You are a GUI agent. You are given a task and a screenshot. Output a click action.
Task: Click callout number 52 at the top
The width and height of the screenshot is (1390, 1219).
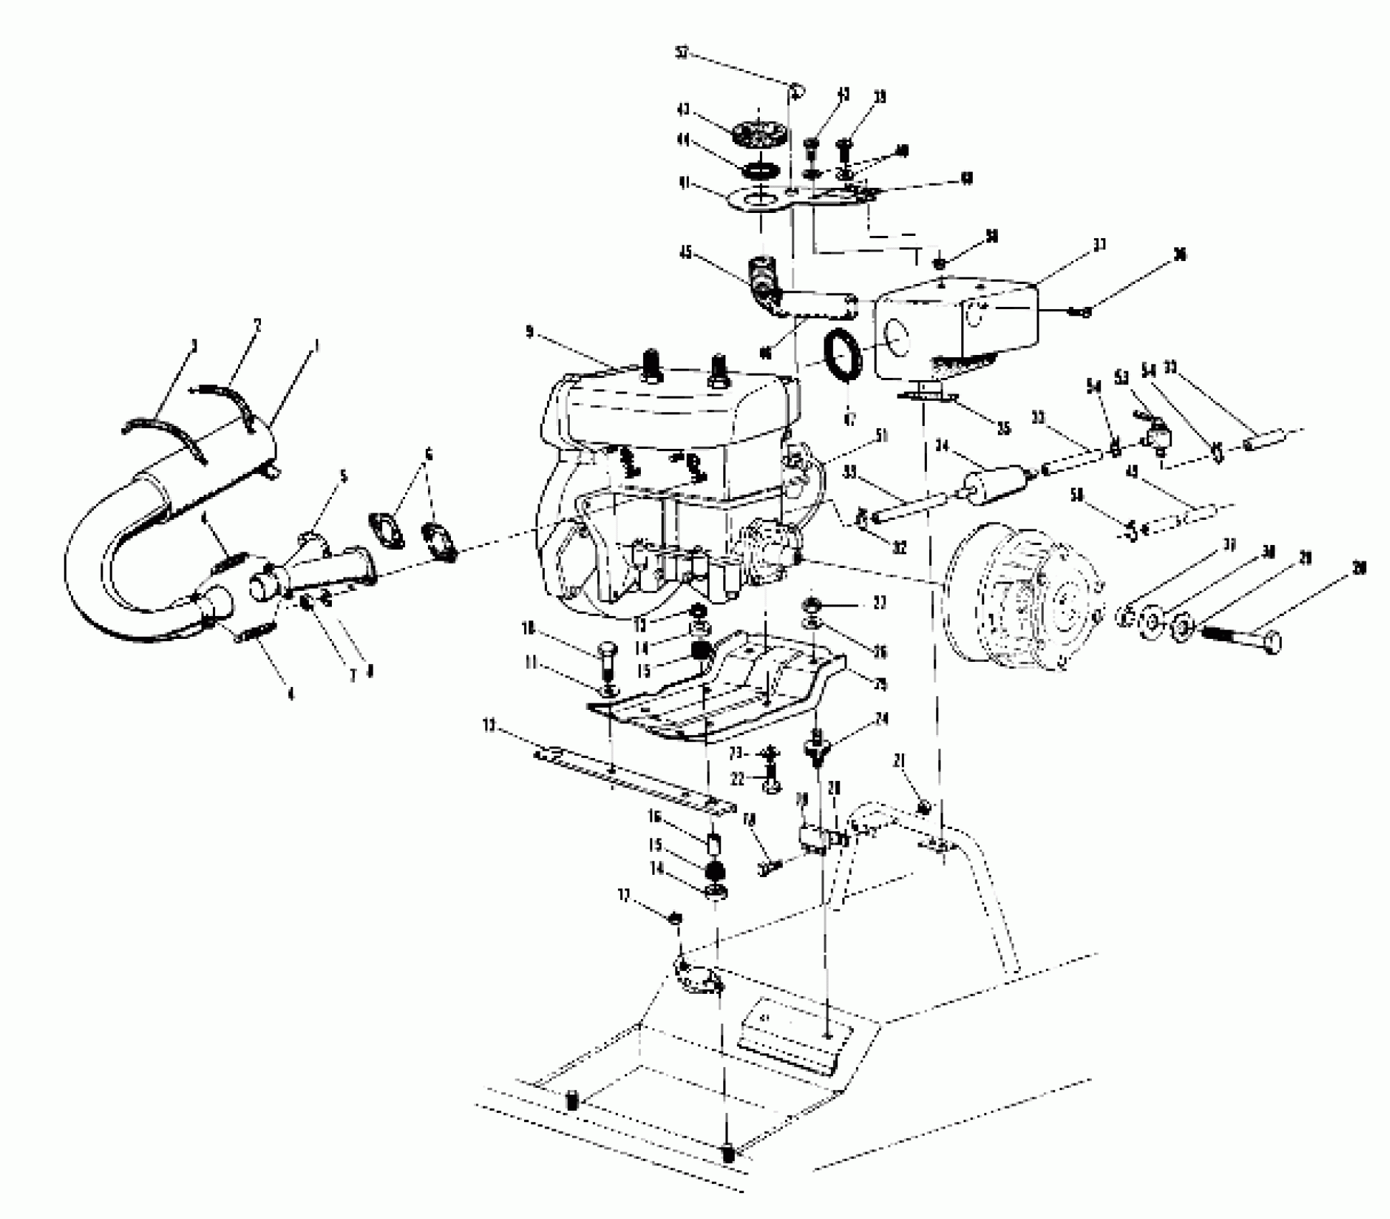[682, 53]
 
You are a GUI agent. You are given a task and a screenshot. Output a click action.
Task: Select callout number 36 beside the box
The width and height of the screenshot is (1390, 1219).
[1179, 255]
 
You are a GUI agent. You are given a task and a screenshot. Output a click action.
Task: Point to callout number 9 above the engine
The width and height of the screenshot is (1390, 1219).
[530, 332]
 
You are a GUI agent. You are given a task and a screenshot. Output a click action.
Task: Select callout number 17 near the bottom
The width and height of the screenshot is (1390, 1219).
[624, 896]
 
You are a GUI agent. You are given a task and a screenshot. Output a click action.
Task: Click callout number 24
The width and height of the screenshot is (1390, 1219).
[881, 719]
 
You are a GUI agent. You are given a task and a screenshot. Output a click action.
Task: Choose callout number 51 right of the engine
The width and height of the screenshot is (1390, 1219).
[881, 436]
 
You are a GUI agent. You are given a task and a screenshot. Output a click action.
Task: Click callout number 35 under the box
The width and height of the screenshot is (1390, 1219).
[1004, 428]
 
